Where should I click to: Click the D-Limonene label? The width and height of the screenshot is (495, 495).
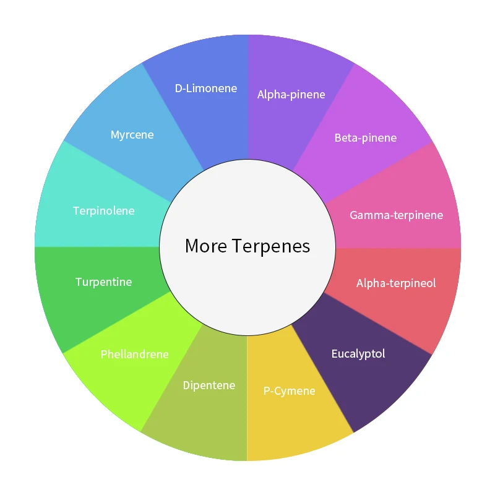pos(205,88)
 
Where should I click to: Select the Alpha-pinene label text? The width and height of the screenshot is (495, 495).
pos(291,95)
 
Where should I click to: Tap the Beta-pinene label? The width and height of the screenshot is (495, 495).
pos(365,138)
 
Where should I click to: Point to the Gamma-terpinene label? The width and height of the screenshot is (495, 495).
pos(396,215)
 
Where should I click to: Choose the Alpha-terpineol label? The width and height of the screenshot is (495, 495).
pos(396,283)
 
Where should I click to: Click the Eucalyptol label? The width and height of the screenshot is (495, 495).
pos(358,354)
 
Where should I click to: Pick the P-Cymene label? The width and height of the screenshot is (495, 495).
pos(289,391)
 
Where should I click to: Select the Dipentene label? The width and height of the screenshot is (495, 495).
pos(209,385)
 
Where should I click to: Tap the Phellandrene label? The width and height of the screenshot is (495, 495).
pos(134,355)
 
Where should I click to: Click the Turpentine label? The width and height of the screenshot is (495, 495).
pos(103,282)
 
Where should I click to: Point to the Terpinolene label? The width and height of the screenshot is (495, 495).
pos(103,211)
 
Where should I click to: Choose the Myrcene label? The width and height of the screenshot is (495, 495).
pos(132,135)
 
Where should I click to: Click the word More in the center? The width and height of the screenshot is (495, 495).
pos(206,246)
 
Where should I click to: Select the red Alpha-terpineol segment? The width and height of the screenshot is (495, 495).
pos(421,316)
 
